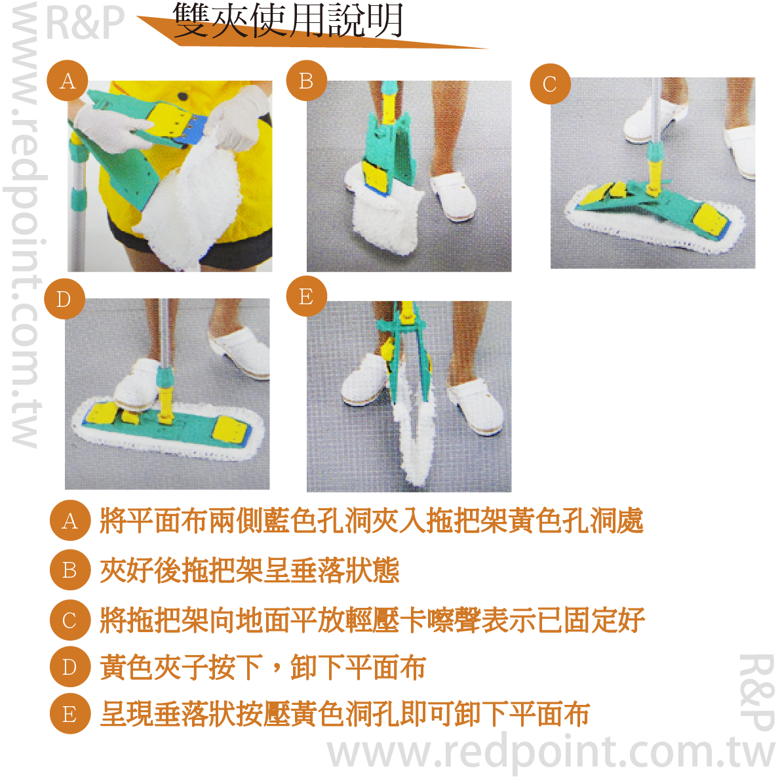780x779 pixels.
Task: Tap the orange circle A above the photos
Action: click(68, 81)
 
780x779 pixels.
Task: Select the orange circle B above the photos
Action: click(307, 81)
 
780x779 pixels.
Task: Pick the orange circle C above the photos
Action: click(550, 84)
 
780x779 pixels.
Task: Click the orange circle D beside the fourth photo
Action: click(64, 299)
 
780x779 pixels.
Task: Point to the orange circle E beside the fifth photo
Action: click(307, 296)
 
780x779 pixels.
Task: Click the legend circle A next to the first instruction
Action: click(70, 521)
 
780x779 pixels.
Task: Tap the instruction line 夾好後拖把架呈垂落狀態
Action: click(250, 570)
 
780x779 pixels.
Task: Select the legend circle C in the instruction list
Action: click(70, 620)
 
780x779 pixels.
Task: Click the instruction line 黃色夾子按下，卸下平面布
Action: click(263, 667)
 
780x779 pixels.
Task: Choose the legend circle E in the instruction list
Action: click(70, 714)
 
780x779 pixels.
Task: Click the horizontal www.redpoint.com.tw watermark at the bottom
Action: click(550, 753)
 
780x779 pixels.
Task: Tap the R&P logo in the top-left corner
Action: click(85, 22)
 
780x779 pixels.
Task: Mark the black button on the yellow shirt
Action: click(184, 96)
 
